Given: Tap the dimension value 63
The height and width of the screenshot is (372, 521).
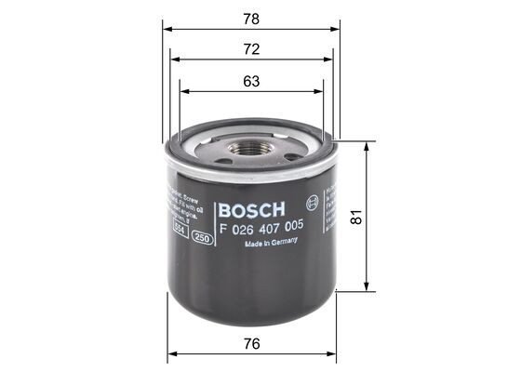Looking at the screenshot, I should click(x=250, y=81).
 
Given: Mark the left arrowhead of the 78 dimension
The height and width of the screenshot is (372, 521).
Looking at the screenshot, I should click(x=166, y=29).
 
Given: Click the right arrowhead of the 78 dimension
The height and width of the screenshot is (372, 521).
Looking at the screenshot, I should click(x=337, y=29).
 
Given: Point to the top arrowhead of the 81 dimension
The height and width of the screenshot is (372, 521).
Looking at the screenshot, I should click(x=369, y=143).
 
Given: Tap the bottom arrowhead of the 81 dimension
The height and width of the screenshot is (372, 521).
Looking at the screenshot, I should click(x=369, y=289).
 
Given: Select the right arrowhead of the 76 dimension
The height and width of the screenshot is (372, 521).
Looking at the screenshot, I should click(x=333, y=353).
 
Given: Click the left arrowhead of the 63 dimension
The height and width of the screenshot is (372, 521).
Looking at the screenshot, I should click(x=183, y=91).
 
